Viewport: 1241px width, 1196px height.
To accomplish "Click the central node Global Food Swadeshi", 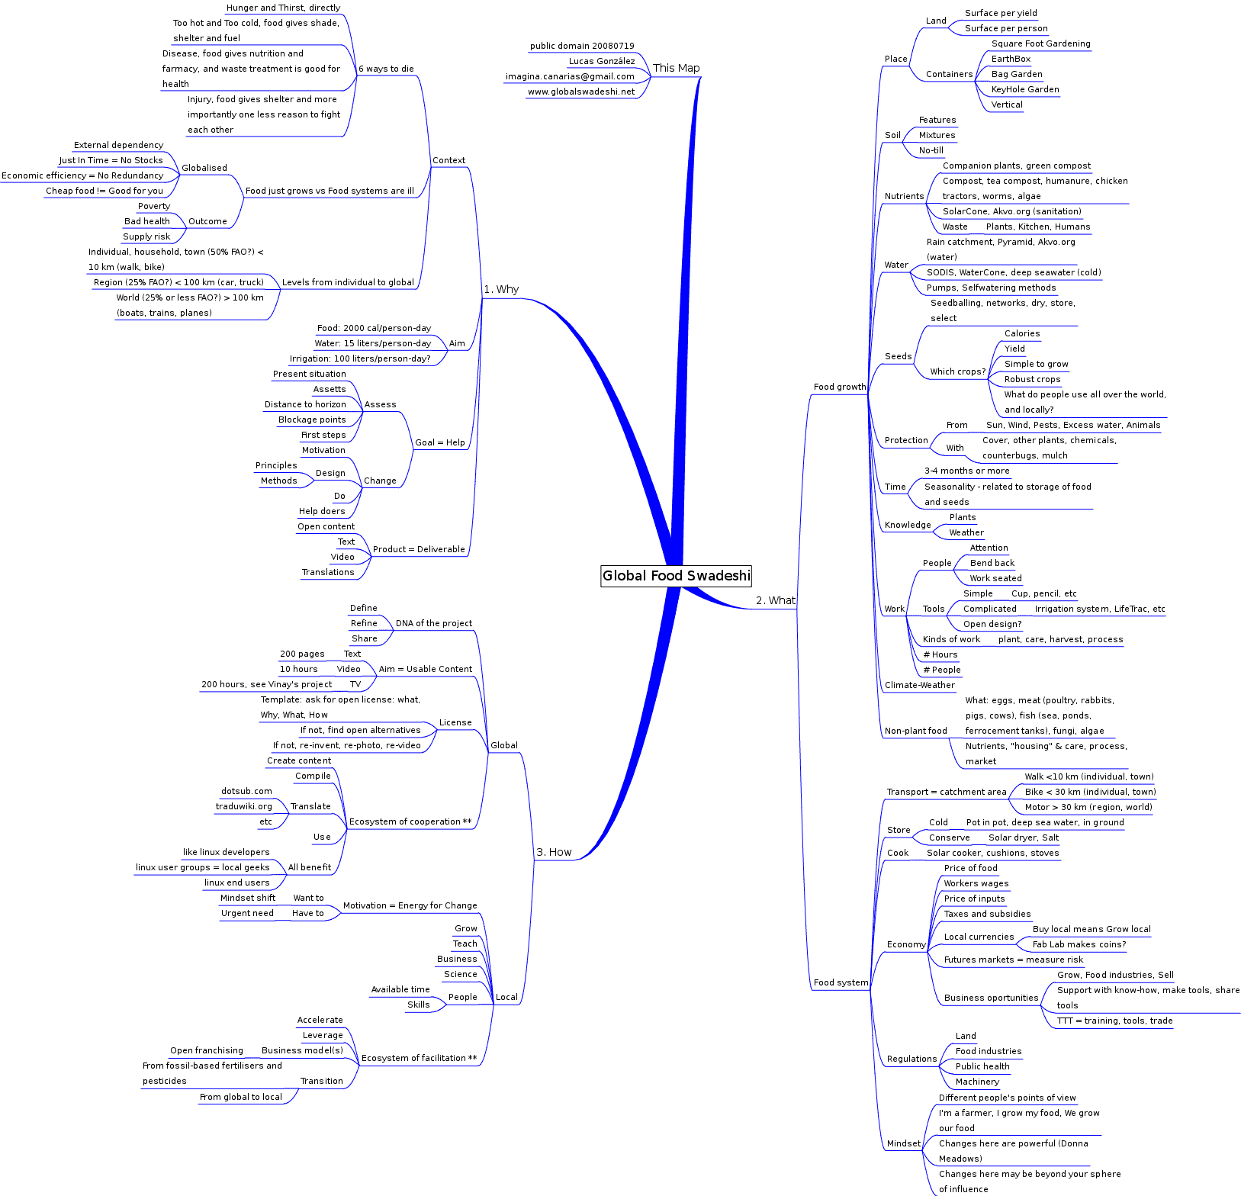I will click(676, 576).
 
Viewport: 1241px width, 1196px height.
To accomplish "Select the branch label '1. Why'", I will click(501, 290).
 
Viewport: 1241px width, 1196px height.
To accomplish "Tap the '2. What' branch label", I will click(775, 601).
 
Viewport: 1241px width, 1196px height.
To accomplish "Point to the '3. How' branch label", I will click(554, 853).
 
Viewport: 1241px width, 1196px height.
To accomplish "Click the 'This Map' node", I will click(676, 68).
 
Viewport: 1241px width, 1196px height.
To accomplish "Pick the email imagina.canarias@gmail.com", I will click(570, 76).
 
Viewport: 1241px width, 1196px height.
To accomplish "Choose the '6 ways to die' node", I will click(386, 69).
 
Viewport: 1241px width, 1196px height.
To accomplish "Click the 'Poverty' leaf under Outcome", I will click(154, 206).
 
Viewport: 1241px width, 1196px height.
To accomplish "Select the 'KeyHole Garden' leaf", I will click(1025, 89).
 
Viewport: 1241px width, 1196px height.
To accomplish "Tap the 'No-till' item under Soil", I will click(931, 150).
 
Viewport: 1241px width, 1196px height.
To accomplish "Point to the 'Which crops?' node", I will click(957, 371).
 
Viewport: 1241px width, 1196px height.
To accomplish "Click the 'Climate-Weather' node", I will click(919, 685).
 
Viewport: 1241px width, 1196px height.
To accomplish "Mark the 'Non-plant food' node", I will click(915, 731).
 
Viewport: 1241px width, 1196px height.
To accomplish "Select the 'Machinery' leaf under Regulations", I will click(977, 1082).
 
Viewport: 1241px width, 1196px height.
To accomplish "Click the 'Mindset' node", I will click(904, 1143).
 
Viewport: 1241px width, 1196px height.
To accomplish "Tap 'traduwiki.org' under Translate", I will click(243, 806).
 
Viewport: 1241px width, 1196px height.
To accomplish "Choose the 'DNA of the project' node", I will click(433, 623).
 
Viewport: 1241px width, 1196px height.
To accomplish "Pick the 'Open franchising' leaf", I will click(207, 1050).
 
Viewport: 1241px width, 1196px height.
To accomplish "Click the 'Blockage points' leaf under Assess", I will click(312, 420).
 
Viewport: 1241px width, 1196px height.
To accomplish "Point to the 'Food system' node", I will click(841, 982).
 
